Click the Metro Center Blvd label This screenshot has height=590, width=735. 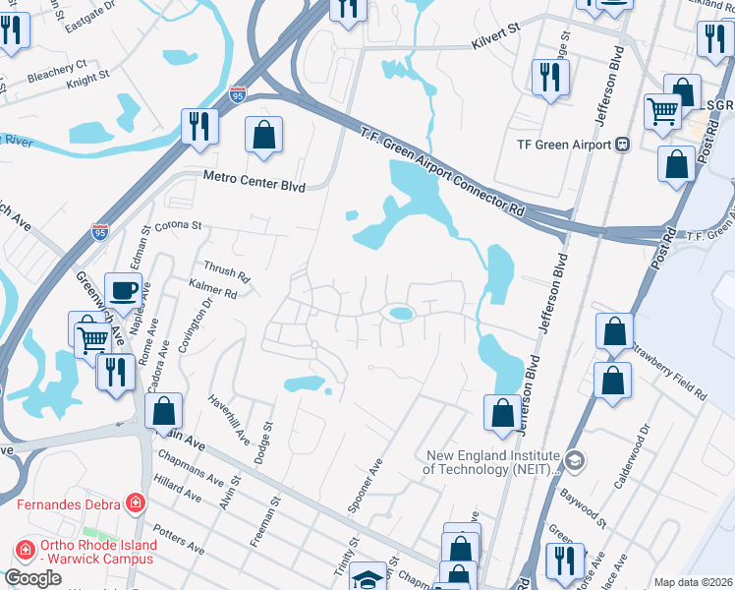254,180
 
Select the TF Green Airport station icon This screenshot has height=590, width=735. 622,145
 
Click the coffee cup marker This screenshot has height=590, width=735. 123,291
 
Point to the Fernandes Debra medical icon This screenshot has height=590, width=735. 135,504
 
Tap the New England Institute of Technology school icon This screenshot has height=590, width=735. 575,460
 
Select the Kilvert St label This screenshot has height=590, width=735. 494,33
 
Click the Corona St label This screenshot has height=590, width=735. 178,225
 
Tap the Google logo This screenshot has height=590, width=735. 32,578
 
